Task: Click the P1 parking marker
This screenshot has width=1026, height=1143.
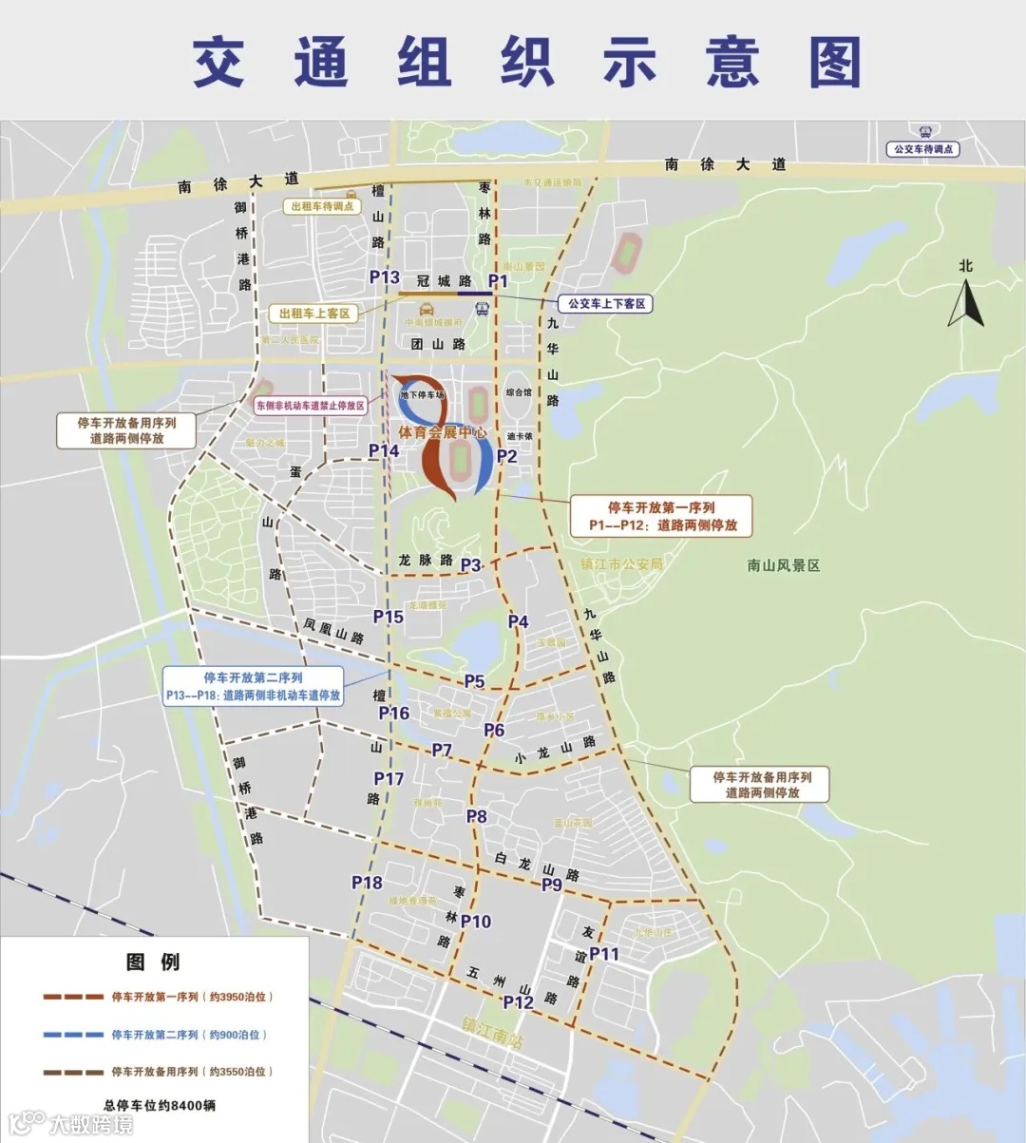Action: (498, 280)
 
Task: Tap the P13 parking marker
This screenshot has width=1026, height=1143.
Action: (384, 276)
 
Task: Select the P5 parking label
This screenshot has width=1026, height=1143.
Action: (474, 681)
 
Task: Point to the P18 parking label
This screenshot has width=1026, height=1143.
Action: (367, 883)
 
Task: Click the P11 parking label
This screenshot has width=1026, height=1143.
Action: (603, 954)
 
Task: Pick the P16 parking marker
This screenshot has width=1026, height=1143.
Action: (393, 714)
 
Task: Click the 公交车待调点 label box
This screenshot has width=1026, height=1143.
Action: (922, 149)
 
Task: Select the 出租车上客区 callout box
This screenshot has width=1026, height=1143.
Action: (314, 314)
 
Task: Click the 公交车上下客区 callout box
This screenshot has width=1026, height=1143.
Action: (606, 304)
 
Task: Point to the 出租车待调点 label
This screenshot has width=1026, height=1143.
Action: (322, 206)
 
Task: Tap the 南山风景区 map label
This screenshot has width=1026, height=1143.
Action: (783, 565)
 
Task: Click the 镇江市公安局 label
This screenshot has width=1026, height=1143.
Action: (621, 563)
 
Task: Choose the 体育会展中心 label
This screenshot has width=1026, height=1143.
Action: (442, 432)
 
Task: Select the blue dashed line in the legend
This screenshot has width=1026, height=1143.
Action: (73, 1035)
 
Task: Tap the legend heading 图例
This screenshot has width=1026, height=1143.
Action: (153, 962)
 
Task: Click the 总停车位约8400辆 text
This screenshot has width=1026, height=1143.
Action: (159, 1105)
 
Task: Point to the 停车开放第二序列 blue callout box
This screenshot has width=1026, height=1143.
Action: (253, 687)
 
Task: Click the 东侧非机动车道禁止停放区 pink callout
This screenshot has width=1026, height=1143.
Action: (311, 406)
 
